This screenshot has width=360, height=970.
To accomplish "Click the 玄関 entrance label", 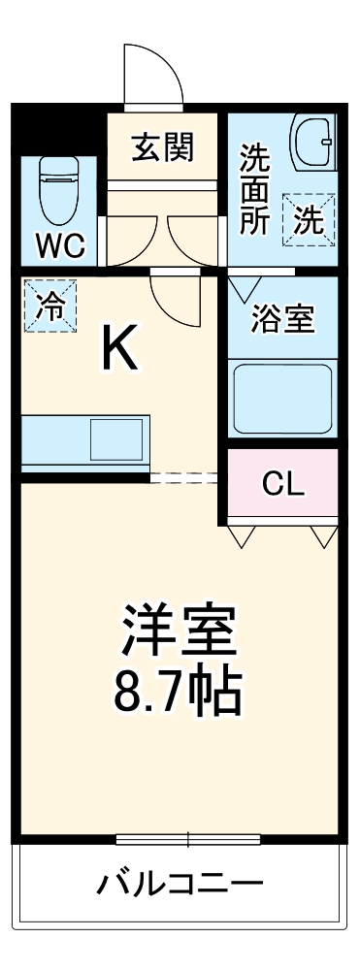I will (164, 148).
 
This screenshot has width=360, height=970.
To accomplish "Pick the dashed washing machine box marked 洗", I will (309, 219).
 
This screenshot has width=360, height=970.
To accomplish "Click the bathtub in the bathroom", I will (282, 397).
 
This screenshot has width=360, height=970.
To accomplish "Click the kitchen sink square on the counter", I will (115, 439).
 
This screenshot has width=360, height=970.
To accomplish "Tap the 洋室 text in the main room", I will (179, 630).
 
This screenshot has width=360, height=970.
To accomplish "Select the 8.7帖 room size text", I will (179, 690).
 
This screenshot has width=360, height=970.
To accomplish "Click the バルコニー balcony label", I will (180, 884).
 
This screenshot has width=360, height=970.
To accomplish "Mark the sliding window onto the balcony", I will (188, 838).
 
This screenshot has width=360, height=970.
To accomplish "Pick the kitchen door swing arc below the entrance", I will (175, 296).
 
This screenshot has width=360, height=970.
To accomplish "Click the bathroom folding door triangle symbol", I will (243, 287).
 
